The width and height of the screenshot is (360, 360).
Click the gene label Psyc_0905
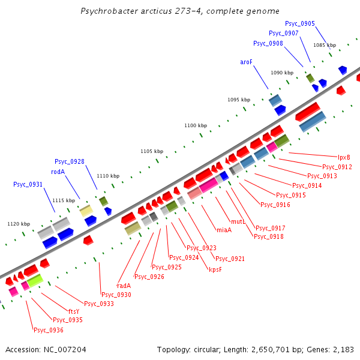tap(300, 23)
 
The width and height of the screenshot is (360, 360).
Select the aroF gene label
tap(247, 62)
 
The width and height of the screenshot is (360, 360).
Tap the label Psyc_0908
tap(268, 43)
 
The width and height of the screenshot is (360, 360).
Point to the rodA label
tap(58, 172)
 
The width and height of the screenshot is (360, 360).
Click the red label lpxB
tap(344, 157)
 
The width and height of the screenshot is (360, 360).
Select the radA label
tap(124, 286)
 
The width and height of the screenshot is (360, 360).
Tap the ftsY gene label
tap(74, 311)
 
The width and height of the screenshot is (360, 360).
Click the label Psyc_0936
tap(49, 330)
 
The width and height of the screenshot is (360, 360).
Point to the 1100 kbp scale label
tap(196, 125)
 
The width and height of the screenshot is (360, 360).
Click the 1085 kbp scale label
tap(325, 45)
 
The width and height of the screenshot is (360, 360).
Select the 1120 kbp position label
tap(19, 224)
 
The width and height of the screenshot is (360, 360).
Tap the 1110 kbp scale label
tap(108, 176)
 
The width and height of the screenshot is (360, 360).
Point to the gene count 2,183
tap(343, 349)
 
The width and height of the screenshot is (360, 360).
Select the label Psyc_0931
tap(28, 184)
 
